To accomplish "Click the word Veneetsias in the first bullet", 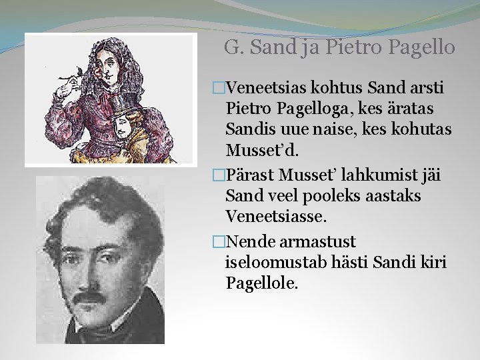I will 265,88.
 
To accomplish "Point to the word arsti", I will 425,88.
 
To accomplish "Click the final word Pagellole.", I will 263,283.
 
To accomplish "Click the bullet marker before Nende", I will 215,241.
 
